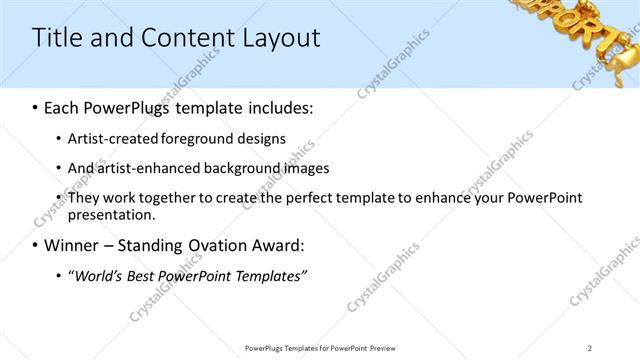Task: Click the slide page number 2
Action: pyautogui.click(x=590, y=347)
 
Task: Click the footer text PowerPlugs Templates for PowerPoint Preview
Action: pyautogui.click(x=319, y=347)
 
